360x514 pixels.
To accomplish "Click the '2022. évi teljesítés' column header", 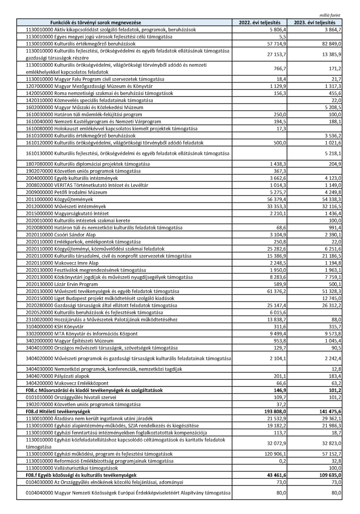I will click(x=262, y=23).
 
